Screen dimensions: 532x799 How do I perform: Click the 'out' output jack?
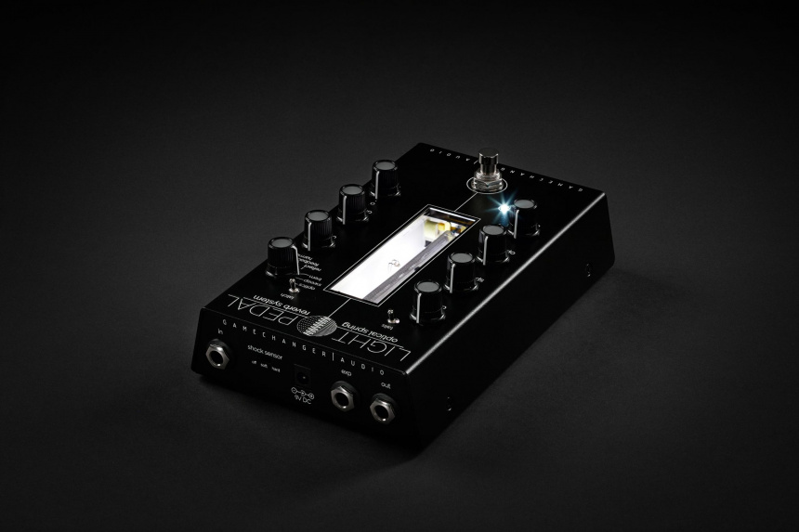[381, 409]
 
